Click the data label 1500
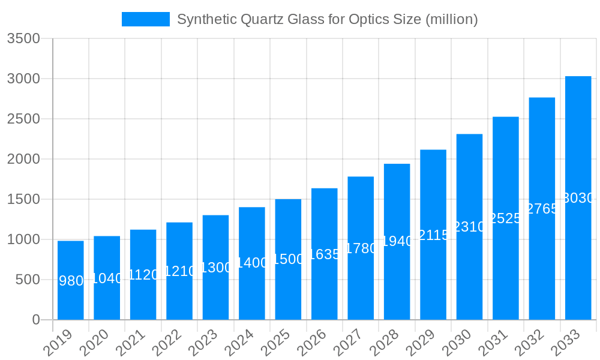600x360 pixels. click(288, 259)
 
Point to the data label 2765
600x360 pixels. click(542, 209)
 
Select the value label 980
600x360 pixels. click(71, 280)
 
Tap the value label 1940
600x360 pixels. click(397, 241)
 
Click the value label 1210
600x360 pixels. click(179, 271)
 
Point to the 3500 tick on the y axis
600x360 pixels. click(23, 38)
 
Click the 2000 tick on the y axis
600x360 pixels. click(23, 159)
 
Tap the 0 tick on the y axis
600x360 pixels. click(36, 320)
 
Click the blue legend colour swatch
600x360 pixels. click(146, 19)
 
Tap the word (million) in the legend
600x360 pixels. click(451, 19)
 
